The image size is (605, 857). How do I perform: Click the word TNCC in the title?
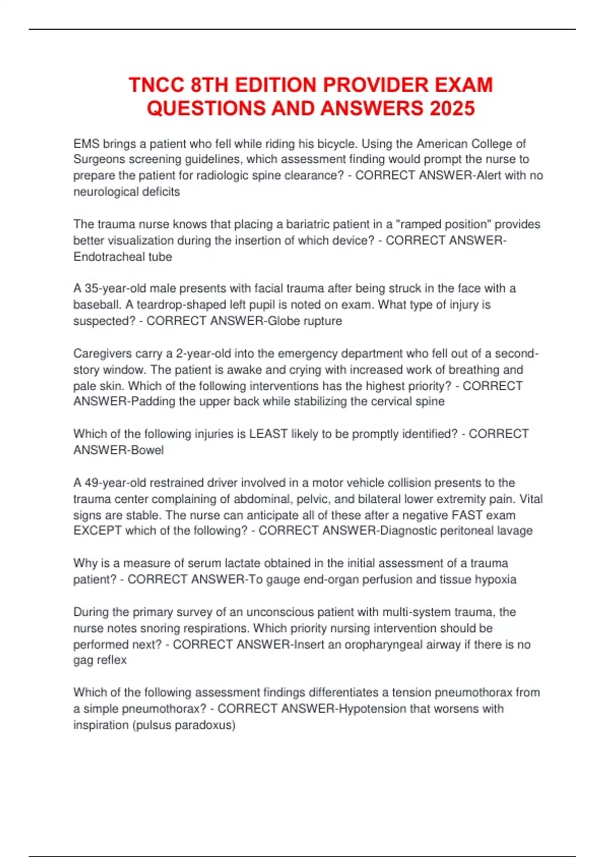[x=157, y=85]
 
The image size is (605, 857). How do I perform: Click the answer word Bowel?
[x=147, y=450]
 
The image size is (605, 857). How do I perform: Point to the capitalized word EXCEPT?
[x=98, y=531]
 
